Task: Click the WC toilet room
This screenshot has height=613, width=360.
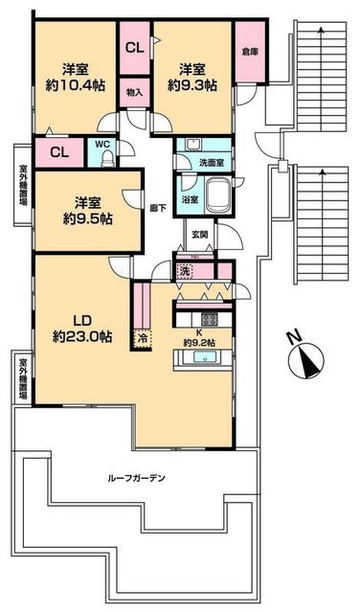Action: pos(101,153)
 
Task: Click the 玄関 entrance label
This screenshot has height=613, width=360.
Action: pos(199,233)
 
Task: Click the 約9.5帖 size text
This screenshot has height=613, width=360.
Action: pos(88,217)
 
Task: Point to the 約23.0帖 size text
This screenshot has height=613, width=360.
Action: pos(82,337)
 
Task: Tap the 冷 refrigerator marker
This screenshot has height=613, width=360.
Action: pos(143,337)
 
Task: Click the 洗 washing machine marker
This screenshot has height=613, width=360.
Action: pos(186,271)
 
